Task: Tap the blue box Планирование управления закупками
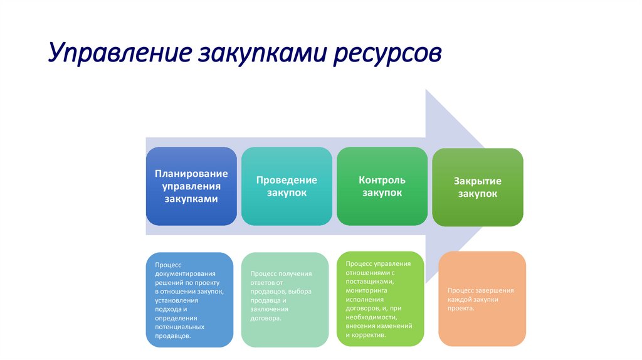(191, 186)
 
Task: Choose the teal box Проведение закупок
(287, 186)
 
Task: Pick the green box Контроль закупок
(382, 186)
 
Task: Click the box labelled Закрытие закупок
(477, 187)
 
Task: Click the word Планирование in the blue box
(191, 173)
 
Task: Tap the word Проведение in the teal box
(287, 180)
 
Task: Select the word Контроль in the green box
(382, 180)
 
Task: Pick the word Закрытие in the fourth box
(478, 181)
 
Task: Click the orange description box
(481, 299)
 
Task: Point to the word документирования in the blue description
(186, 274)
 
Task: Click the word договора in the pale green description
(265, 318)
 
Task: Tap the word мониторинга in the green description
(366, 290)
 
